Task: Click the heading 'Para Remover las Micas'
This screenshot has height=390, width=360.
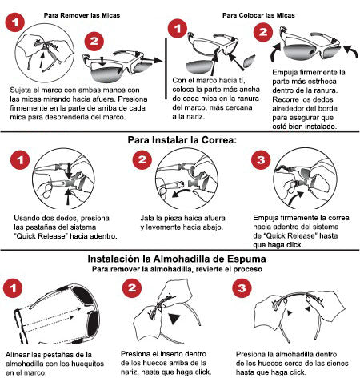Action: click(x=82, y=15)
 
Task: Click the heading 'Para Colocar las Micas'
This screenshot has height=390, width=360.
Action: click(x=258, y=15)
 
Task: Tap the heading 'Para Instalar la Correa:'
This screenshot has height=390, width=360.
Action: click(x=182, y=140)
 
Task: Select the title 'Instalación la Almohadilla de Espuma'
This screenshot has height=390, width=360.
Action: click(x=177, y=259)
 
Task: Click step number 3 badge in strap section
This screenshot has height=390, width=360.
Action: click(x=261, y=159)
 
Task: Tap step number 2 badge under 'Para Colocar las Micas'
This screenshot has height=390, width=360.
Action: click(x=263, y=32)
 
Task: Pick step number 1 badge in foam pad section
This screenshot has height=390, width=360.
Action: click(x=13, y=288)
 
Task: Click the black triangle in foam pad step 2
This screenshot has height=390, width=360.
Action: click(x=174, y=319)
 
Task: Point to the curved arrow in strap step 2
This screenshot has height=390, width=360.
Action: click(x=181, y=193)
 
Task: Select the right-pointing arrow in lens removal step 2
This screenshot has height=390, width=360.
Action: click(x=151, y=60)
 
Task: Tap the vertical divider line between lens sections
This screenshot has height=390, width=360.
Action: click(x=166, y=69)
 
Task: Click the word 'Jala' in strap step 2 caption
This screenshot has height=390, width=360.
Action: click(x=147, y=218)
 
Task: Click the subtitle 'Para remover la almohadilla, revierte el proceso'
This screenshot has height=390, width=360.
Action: click(x=177, y=269)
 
